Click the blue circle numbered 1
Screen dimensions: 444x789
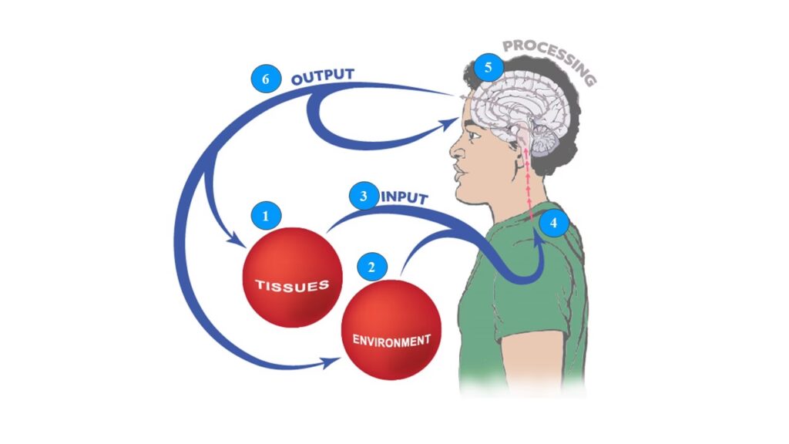click(267, 217)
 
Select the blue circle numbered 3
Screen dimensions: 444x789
click(362, 196)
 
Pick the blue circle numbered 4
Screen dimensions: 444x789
click(553, 224)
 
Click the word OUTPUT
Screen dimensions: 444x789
click(323, 77)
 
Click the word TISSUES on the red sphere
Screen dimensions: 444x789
click(292, 285)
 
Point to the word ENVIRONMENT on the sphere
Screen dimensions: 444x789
click(391, 340)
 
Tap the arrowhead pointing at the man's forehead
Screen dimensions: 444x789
click(453, 122)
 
